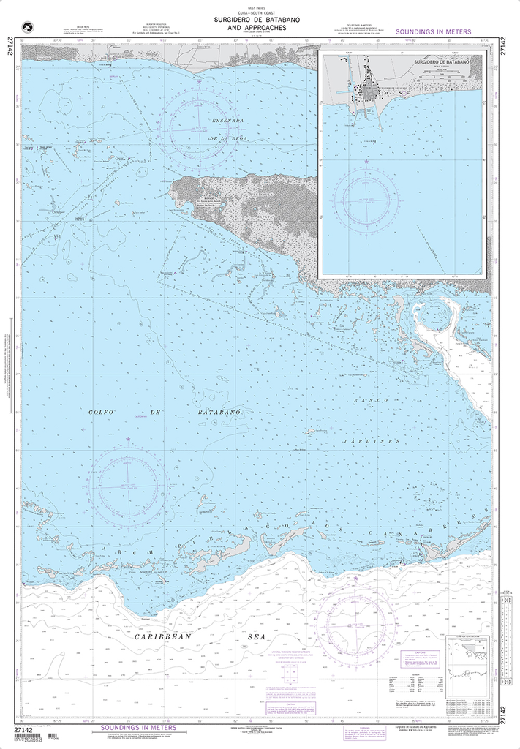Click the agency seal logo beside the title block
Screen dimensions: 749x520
(x=30, y=27)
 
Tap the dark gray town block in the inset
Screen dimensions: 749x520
(x=377, y=91)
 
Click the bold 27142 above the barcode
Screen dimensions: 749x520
(x=24, y=729)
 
